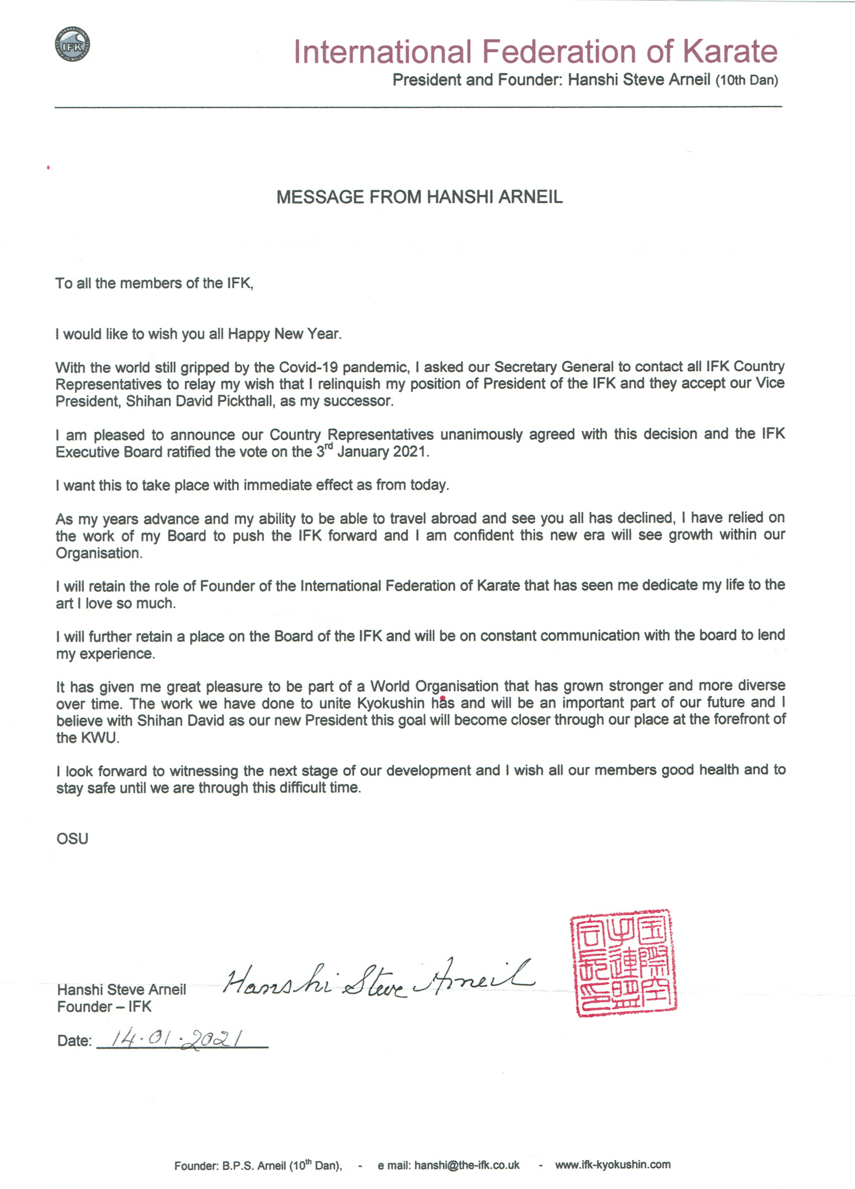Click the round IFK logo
point(72,44)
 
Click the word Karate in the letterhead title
point(729,52)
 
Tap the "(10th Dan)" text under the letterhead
point(746,80)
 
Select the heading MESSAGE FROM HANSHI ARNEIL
point(419,197)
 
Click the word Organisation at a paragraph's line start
point(99,553)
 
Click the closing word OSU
point(72,839)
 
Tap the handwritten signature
point(378,980)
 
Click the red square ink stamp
point(623,963)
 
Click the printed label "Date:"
point(74,1041)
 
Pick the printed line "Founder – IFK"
point(104,1007)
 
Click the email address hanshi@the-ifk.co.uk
point(466,1165)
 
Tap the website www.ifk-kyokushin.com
point(613,1165)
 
